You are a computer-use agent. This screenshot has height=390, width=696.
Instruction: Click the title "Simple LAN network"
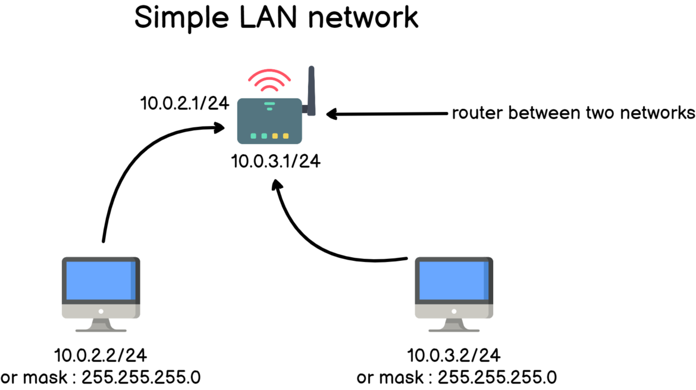tap(276, 18)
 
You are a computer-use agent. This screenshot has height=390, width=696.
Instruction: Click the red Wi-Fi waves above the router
tap(269, 80)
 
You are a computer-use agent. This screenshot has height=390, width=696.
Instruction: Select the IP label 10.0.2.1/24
tap(184, 103)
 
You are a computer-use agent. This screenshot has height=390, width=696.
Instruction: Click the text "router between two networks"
tap(573, 113)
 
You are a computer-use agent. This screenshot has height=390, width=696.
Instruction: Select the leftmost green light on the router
tap(253, 136)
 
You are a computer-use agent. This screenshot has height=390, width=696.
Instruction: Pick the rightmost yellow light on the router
tap(286, 136)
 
